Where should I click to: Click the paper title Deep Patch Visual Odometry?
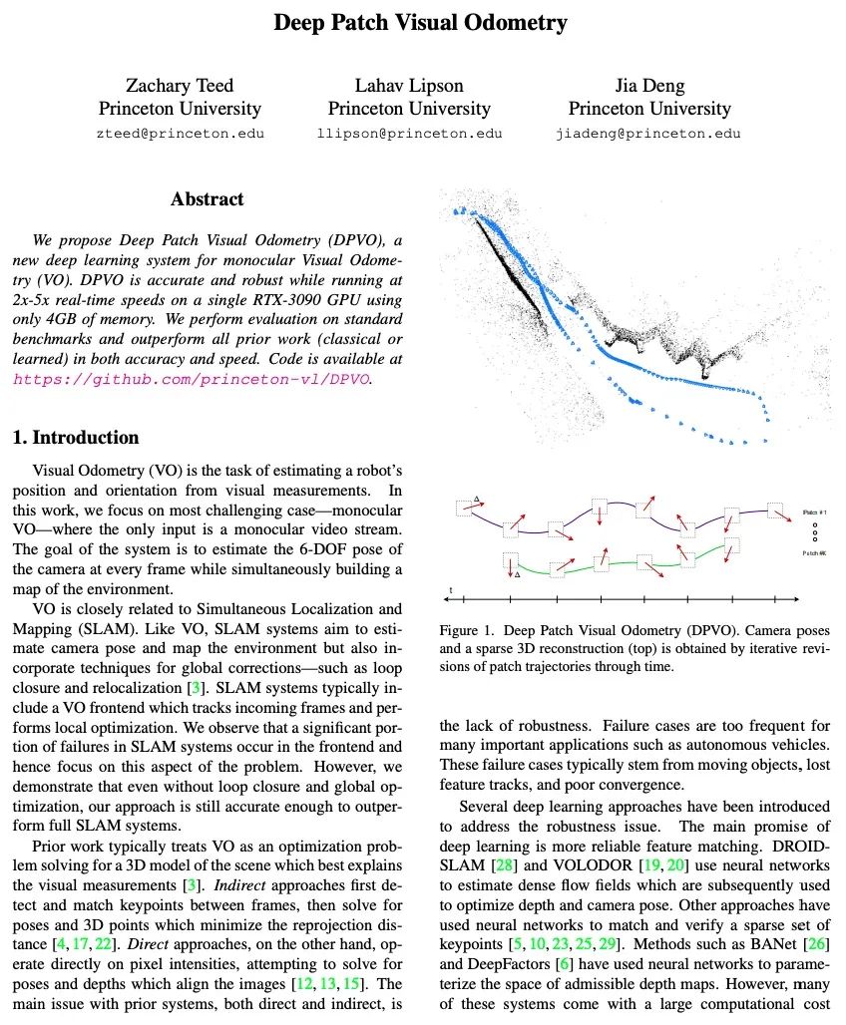(421, 23)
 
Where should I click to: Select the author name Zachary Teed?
(180, 85)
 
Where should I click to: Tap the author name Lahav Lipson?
(409, 85)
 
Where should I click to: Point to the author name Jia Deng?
(649, 85)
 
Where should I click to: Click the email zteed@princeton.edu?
(180, 134)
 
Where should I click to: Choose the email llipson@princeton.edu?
(409, 134)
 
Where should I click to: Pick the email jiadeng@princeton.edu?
(648, 134)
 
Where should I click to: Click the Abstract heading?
(207, 199)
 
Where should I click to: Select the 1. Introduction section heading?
(76, 438)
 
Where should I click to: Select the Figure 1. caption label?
(467, 631)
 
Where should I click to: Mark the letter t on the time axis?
(451, 591)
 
